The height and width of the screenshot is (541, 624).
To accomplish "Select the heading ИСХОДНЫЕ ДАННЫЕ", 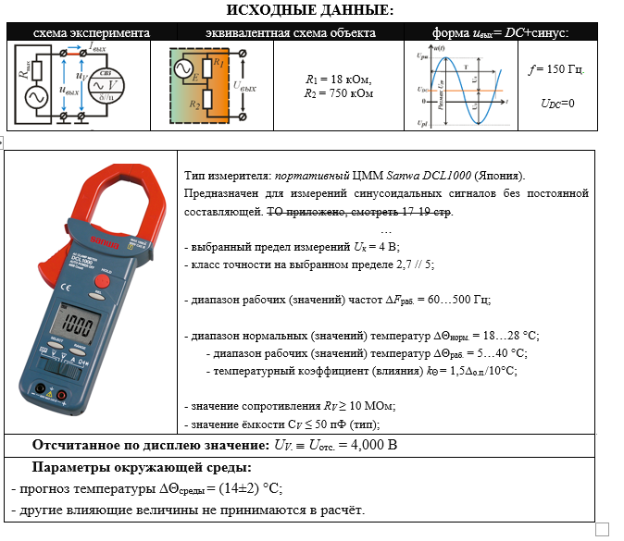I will (x=310, y=10).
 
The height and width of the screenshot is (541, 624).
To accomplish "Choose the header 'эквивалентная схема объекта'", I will (x=290, y=32).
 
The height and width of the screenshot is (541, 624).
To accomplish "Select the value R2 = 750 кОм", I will (x=340, y=93).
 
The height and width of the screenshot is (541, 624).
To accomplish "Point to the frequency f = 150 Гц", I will (x=555, y=69).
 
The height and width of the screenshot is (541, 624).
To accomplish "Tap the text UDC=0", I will (x=557, y=104).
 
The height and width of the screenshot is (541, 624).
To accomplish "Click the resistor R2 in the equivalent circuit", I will (x=218, y=99).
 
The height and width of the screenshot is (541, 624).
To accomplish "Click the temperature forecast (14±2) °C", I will (x=242, y=488).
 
